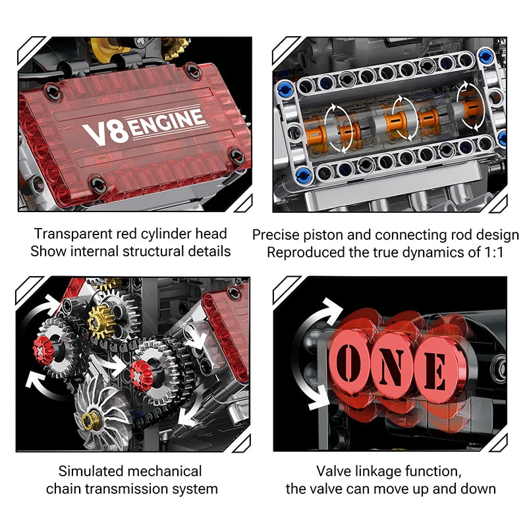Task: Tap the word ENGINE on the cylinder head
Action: tap(165, 123)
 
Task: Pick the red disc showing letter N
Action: tap(393, 364)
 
